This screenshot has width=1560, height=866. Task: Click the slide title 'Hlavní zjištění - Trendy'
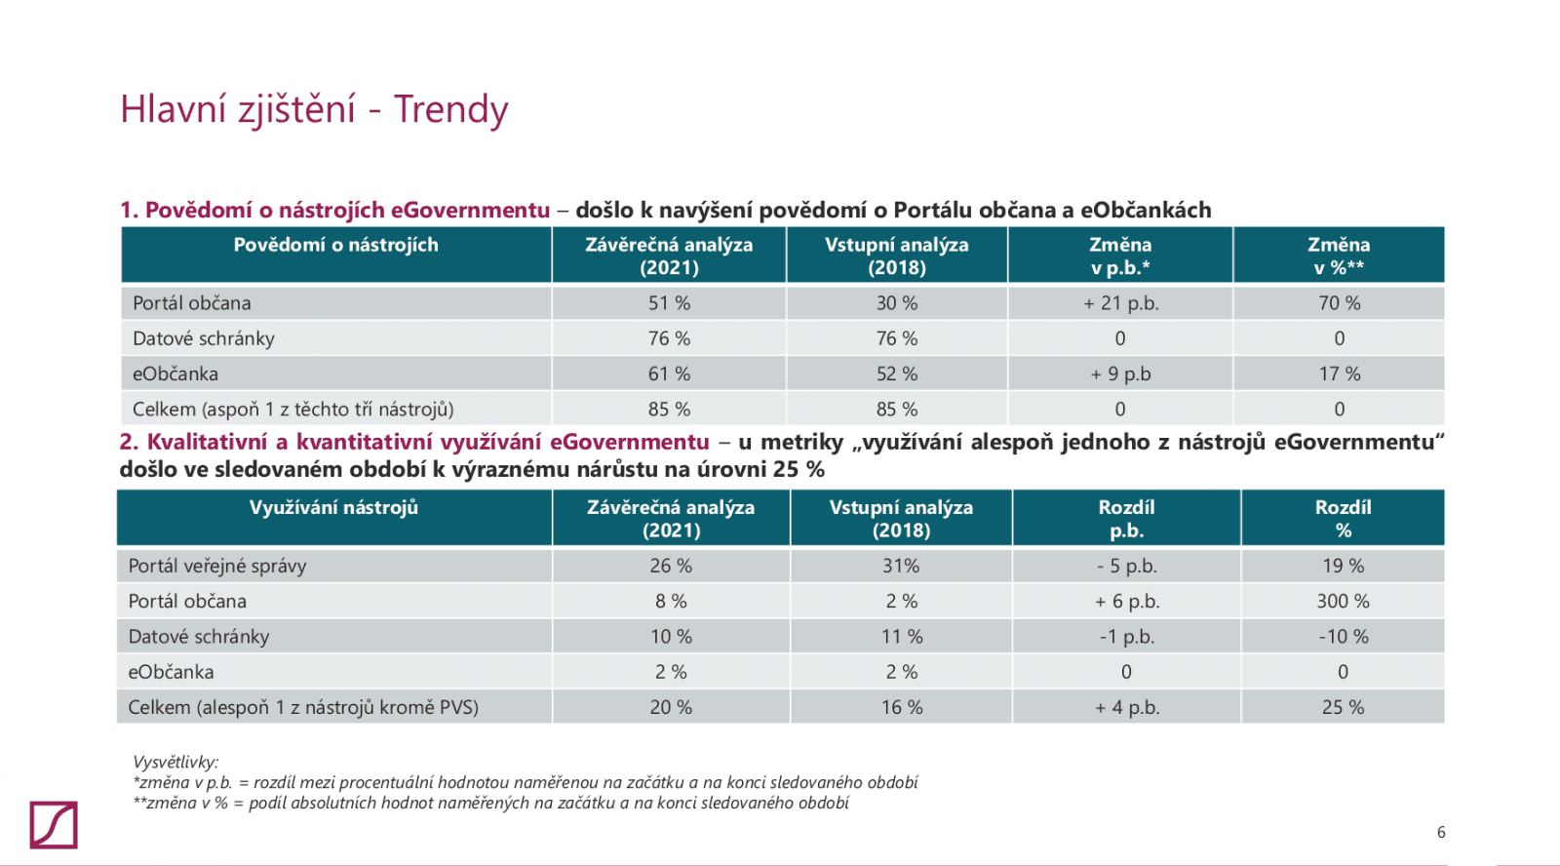coord(314,109)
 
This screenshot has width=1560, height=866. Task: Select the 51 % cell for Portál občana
coord(669,303)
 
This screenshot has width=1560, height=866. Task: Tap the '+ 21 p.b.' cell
coord(1120,303)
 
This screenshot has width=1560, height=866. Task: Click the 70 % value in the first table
coord(1339,303)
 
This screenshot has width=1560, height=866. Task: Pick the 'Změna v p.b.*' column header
coord(1120,256)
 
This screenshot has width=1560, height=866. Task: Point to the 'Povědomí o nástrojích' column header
coord(335,245)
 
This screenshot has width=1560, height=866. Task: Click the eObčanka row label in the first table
coord(175,374)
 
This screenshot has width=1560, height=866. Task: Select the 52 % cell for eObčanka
coord(896,374)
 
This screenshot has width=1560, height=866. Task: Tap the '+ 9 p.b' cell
coord(1120,374)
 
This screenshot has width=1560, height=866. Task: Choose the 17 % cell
coord(1339,374)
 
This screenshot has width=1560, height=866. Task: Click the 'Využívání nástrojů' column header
coord(333,507)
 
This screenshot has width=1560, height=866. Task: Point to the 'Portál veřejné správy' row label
coord(217,566)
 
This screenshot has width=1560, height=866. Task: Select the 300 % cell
coord(1343,601)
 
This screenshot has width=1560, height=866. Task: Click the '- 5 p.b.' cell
coord(1126,566)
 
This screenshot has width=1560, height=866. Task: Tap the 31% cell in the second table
coord(901,566)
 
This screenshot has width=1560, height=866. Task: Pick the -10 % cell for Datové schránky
coord(1343,637)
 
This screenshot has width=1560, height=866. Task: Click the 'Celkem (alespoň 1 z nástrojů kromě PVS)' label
coord(303,707)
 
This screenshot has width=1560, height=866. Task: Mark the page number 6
coord(1441,832)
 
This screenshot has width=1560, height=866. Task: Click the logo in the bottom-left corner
coord(54,825)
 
